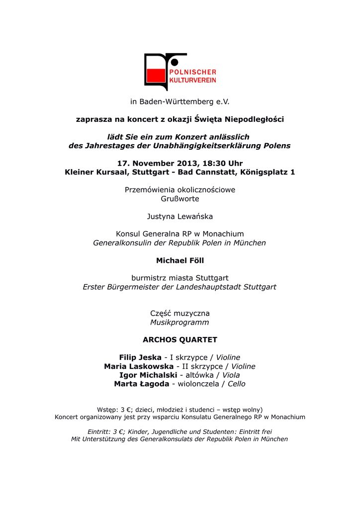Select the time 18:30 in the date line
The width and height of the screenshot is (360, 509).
[218, 163]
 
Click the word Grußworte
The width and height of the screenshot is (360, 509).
[180, 199]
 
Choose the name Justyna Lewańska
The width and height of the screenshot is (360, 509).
[180, 216]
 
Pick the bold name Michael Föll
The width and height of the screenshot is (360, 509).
[180, 260]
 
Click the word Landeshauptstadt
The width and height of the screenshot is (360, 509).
[214, 287]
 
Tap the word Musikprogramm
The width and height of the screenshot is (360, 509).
[180, 323]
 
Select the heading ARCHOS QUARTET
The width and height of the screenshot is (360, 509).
[180, 340]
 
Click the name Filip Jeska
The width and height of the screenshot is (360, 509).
[140, 357]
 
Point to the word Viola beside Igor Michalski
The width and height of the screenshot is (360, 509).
[231, 375]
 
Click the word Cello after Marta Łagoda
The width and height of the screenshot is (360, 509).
[237, 384]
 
